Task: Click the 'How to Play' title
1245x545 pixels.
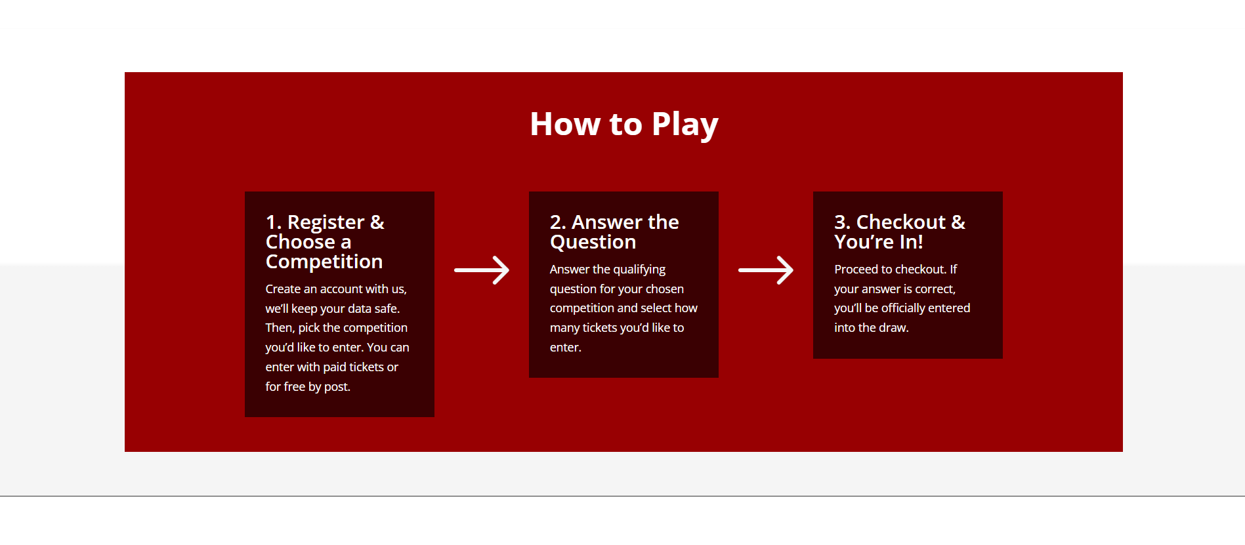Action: (624, 125)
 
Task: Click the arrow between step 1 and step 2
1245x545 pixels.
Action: (482, 270)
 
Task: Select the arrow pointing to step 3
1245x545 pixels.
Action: (766, 270)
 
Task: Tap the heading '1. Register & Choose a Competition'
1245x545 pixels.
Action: (325, 242)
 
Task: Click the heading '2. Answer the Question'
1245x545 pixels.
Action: (614, 232)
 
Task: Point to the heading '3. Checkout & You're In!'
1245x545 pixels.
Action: (900, 232)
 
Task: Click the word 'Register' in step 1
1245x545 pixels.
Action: (326, 223)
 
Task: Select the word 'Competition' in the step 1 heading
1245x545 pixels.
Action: (324, 262)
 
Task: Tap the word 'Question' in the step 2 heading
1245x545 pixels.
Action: (593, 243)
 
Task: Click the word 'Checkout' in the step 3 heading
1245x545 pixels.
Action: (900, 222)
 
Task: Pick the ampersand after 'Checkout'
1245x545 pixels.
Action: (958, 222)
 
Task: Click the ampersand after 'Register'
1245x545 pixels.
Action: (377, 222)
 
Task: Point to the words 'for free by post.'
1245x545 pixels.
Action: (308, 387)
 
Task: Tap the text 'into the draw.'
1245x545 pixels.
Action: (872, 328)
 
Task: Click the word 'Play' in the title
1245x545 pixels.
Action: (685, 125)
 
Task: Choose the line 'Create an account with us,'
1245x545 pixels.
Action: (336, 289)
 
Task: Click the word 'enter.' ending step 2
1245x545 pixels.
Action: (566, 348)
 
